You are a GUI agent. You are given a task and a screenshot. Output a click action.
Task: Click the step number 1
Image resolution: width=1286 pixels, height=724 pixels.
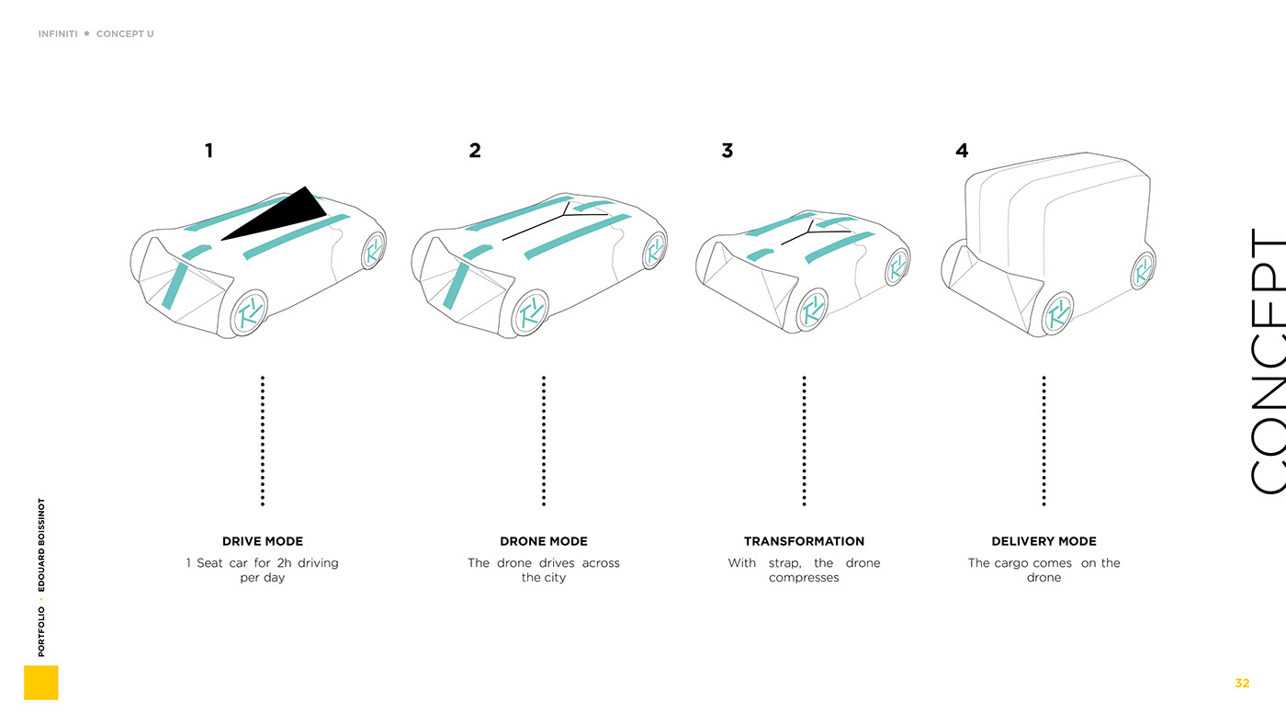click(x=209, y=151)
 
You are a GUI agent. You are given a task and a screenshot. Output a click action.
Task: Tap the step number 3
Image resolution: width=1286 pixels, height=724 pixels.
click(x=727, y=151)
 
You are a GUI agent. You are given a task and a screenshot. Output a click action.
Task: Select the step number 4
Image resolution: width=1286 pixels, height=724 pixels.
click(x=961, y=151)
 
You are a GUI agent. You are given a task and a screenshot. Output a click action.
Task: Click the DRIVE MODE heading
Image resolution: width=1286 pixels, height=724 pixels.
click(x=263, y=541)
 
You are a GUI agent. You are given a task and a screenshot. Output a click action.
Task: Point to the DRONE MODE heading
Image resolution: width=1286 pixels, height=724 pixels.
click(x=544, y=541)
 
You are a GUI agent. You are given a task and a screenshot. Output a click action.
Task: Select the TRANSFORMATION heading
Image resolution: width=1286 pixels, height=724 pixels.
click(x=804, y=541)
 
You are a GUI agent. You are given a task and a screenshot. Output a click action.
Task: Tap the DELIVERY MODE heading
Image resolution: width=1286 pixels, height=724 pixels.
click(x=1043, y=541)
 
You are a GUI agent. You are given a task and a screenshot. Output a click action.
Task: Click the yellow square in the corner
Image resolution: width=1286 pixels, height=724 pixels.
click(x=41, y=683)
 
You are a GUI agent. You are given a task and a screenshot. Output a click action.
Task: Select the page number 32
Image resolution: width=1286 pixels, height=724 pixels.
click(x=1242, y=683)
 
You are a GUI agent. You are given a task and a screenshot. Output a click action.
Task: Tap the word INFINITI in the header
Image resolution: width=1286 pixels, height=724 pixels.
click(x=58, y=34)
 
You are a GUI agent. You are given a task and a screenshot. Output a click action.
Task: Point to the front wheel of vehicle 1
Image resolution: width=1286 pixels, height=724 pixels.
click(x=248, y=313)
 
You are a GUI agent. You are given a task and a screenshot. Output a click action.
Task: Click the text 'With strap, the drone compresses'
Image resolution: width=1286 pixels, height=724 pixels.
click(x=804, y=570)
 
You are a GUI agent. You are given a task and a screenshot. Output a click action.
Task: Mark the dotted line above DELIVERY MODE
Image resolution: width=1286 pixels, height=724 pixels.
click(x=1043, y=440)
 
